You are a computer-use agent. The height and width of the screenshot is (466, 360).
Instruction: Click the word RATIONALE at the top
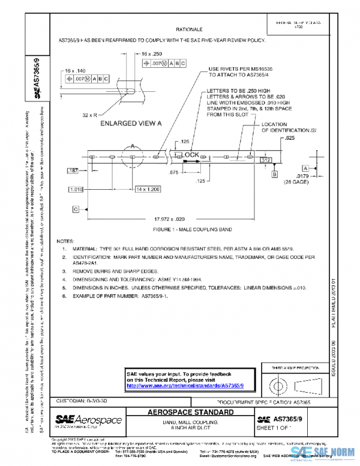tap(189, 29)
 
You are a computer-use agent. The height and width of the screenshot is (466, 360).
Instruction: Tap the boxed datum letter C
tap(76, 209)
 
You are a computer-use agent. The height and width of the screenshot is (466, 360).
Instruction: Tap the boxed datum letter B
tap(274, 174)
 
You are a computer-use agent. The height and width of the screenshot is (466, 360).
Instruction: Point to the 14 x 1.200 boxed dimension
tap(147, 189)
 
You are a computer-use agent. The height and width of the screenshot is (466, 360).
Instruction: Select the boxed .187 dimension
tap(74, 172)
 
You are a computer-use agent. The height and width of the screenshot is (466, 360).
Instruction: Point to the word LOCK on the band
tap(191, 155)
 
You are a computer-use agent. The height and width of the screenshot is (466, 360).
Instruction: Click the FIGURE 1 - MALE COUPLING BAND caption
tap(175, 229)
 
